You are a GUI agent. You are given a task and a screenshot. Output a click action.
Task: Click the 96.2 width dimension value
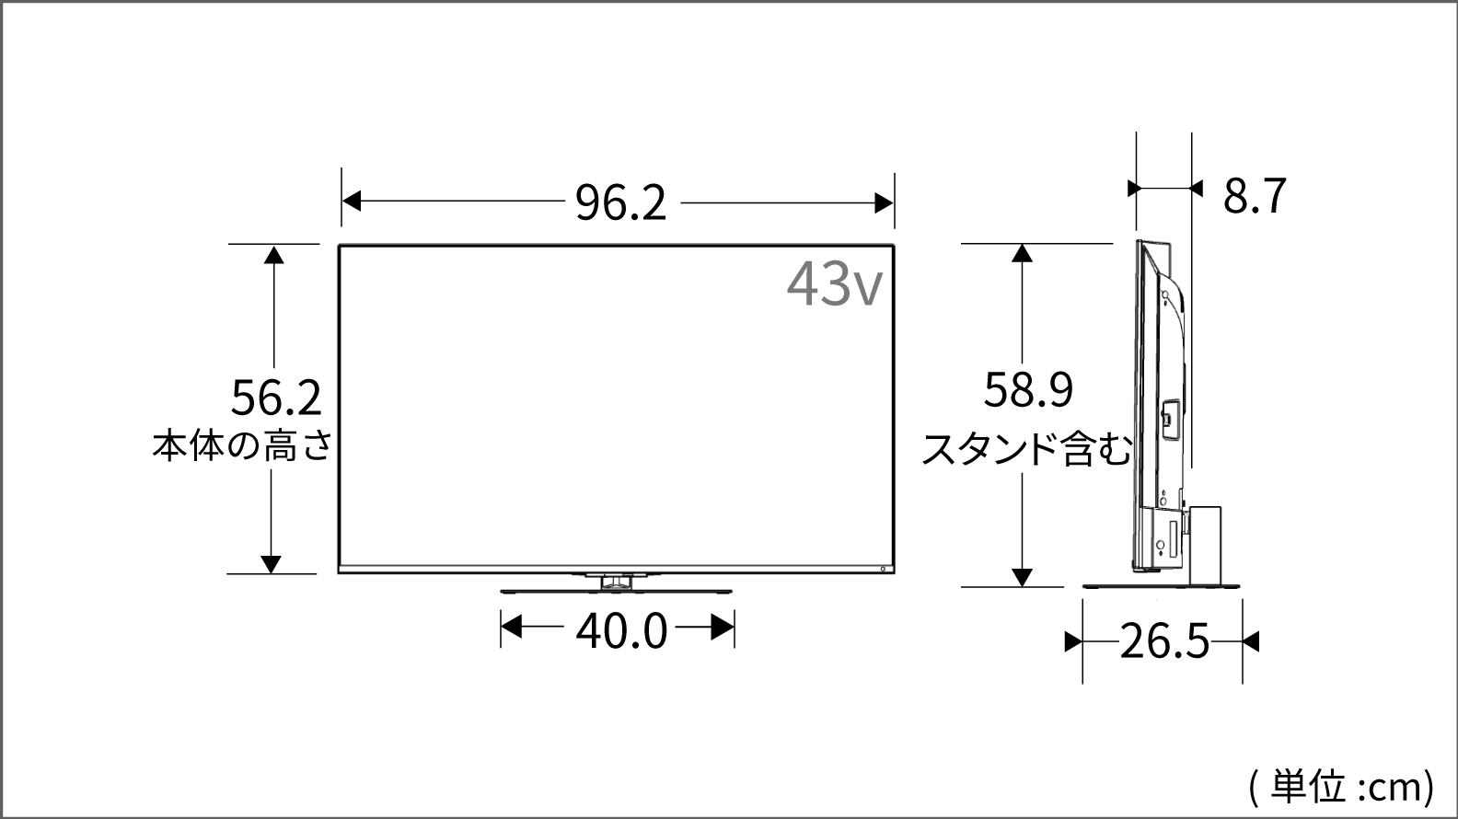621,202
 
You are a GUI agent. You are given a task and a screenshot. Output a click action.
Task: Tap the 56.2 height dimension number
276,398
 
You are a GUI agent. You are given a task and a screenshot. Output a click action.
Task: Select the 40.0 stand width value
621,631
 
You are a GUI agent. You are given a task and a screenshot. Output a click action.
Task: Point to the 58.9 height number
1028,389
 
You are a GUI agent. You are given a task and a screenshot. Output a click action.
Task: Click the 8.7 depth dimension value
1255,195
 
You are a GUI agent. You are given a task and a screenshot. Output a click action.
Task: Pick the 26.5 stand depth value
1164,641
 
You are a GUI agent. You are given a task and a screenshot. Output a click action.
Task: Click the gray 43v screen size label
835,283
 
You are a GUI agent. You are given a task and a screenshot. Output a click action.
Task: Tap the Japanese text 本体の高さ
242,446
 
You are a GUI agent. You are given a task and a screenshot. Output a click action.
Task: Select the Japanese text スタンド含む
1026,449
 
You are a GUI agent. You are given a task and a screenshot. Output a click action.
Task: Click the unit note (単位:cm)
1341,787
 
